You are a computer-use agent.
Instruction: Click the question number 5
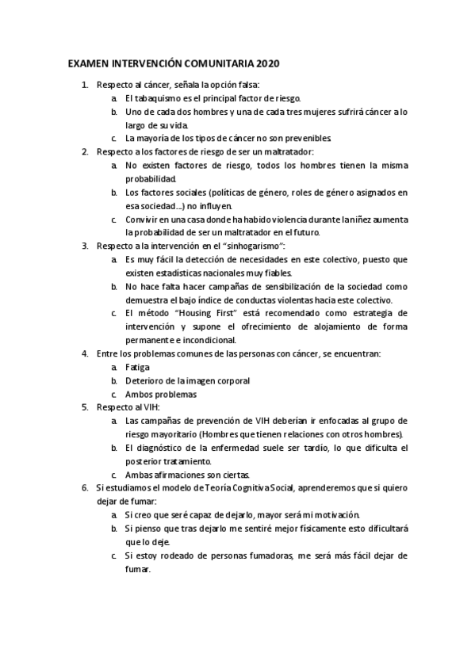click(x=86, y=407)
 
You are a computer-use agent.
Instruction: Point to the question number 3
click(x=86, y=246)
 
